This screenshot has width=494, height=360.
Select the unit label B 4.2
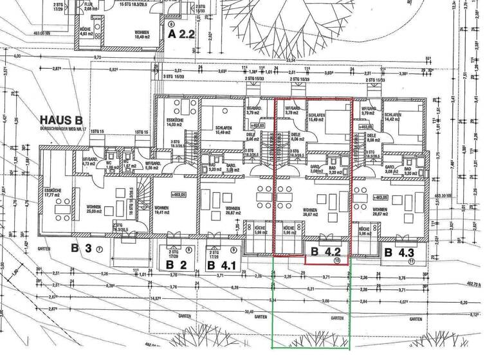coord(324,251)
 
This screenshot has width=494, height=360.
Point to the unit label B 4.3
coord(399,253)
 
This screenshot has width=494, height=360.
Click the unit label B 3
coord(82,248)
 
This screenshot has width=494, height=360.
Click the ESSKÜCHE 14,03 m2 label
coord(174,123)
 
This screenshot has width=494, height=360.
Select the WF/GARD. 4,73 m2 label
coord(89,161)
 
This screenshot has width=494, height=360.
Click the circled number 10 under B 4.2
coord(336,261)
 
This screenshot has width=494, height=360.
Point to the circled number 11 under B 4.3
coord(410,262)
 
